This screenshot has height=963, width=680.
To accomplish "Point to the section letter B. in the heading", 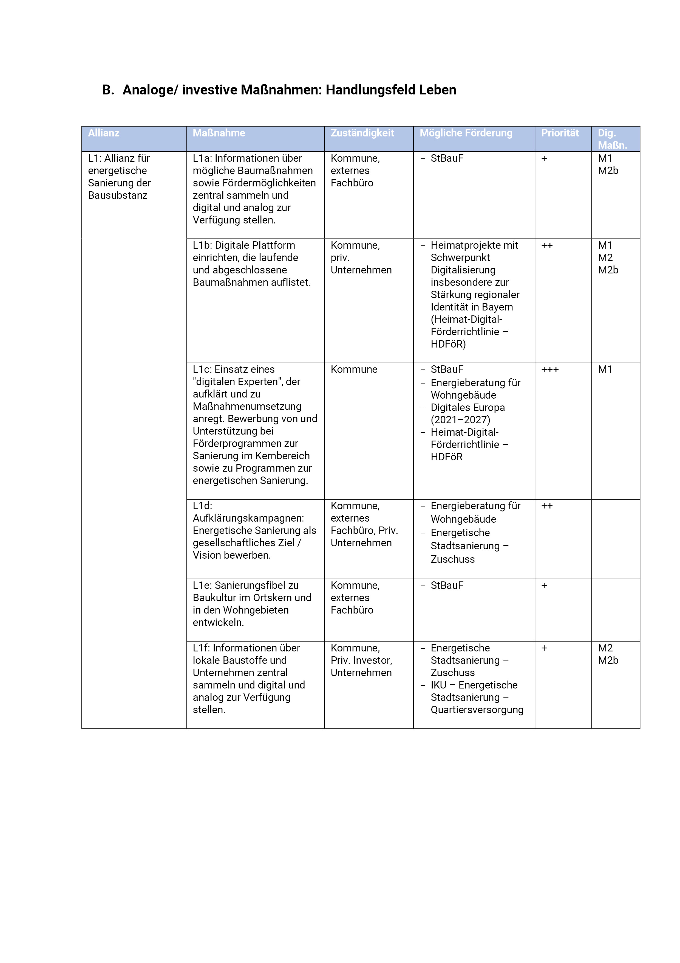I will pos(108,90).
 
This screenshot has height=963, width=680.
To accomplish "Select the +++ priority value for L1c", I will pos(550,369).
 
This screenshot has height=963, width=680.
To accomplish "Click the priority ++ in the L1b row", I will pos(547,245).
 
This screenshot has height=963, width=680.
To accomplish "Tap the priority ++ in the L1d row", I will pos(547,506).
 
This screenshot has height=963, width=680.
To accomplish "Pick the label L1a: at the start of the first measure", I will pos(202,159).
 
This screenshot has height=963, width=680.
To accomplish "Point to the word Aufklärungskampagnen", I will pos(248,518).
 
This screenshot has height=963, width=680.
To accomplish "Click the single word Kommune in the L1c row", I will pos(354,369).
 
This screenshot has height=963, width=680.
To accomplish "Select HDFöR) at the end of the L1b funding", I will pos(448,344).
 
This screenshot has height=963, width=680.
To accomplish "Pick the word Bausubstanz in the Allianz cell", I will pos(117,195).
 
